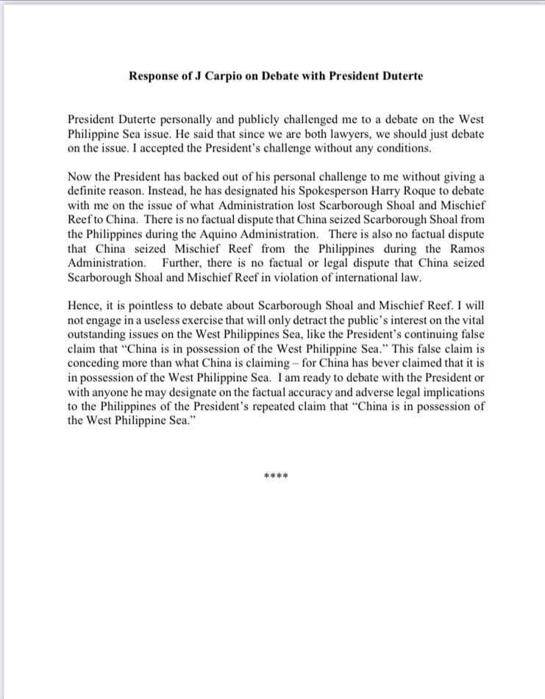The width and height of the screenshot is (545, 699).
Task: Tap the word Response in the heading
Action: click(x=154, y=76)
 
